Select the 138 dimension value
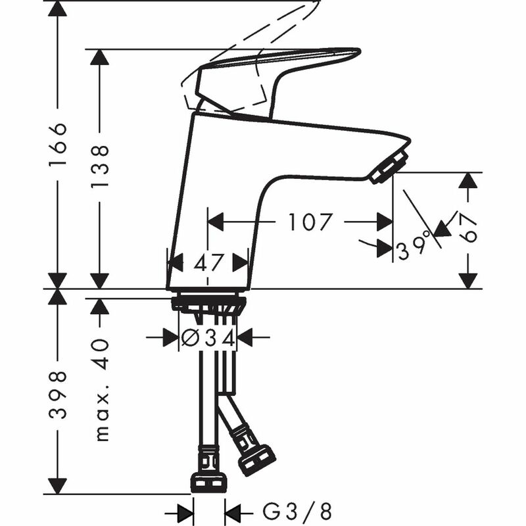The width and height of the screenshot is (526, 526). [x=100, y=167]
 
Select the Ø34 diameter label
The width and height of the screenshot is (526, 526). [x=208, y=338]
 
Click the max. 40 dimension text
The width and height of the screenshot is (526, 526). [x=100, y=390]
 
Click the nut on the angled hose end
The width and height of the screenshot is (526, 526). [x=256, y=460]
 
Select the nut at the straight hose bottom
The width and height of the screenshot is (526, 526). [x=208, y=482]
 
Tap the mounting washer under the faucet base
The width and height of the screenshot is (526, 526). [x=208, y=303]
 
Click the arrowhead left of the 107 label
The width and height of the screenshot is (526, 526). [x=217, y=222]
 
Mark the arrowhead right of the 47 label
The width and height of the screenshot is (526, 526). [x=241, y=262]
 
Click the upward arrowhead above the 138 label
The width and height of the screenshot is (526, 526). [x=100, y=57]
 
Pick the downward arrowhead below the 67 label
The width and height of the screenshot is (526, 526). [x=468, y=280]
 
